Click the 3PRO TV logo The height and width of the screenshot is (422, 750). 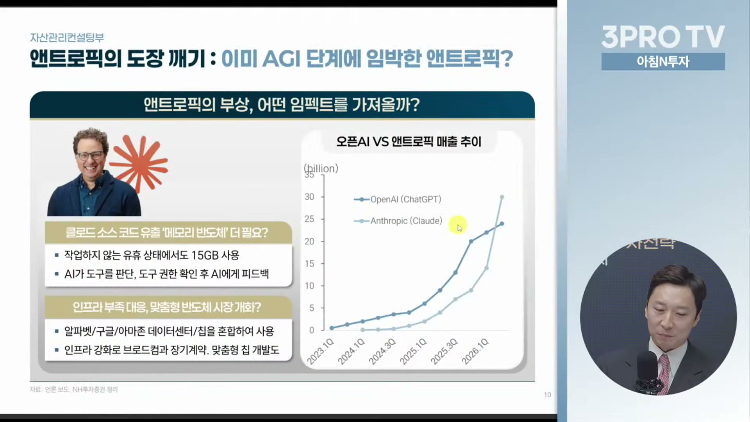point(663,37)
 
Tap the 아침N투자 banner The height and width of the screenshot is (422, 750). point(663,62)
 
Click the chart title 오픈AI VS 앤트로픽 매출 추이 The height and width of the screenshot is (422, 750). point(409,141)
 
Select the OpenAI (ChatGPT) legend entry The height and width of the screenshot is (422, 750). point(398,199)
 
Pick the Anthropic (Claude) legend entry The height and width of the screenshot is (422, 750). point(398,221)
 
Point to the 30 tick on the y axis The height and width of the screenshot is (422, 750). point(309,197)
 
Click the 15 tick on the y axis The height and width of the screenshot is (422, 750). point(309,264)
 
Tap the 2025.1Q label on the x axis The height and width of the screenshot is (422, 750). point(413,351)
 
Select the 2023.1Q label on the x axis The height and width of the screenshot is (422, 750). point(320,351)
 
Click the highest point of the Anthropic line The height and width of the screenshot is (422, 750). point(502,197)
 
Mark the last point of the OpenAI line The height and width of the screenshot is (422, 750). point(502,224)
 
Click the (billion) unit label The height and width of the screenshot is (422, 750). point(321,168)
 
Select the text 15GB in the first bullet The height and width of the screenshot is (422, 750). point(205,255)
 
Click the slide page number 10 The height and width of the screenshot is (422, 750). point(547,395)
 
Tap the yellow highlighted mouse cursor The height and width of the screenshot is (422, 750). point(458,225)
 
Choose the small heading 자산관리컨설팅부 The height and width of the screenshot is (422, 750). point(67,38)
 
